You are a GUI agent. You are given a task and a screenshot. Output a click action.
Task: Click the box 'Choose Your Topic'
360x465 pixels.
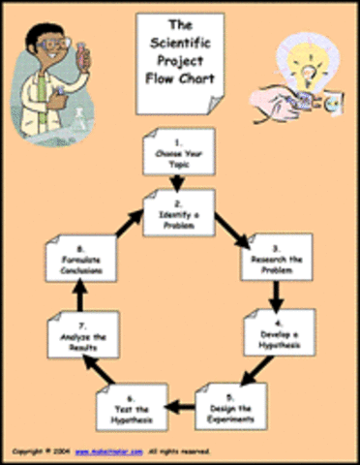coord(176,152)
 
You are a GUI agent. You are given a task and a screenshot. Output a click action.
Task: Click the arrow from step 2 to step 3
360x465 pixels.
coord(227,229)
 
